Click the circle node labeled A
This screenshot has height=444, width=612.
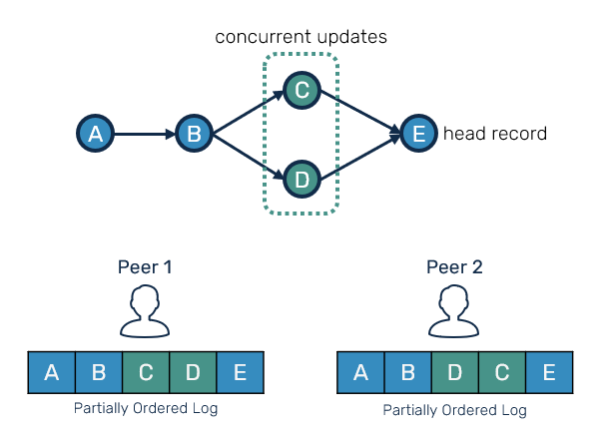(95, 134)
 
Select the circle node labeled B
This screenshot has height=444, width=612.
(194, 134)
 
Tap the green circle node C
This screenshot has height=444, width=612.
(301, 91)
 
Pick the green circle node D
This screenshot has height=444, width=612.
(301, 180)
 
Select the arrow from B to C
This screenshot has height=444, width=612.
(248, 112)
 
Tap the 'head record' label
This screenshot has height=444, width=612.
(495, 134)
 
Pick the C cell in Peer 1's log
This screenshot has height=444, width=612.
(146, 374)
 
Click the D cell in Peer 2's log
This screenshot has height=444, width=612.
(455, 375)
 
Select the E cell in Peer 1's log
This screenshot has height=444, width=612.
(240, 374)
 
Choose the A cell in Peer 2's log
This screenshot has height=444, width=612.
(361, 375)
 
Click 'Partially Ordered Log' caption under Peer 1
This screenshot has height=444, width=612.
(146, 408)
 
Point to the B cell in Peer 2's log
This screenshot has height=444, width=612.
(408, 375)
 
